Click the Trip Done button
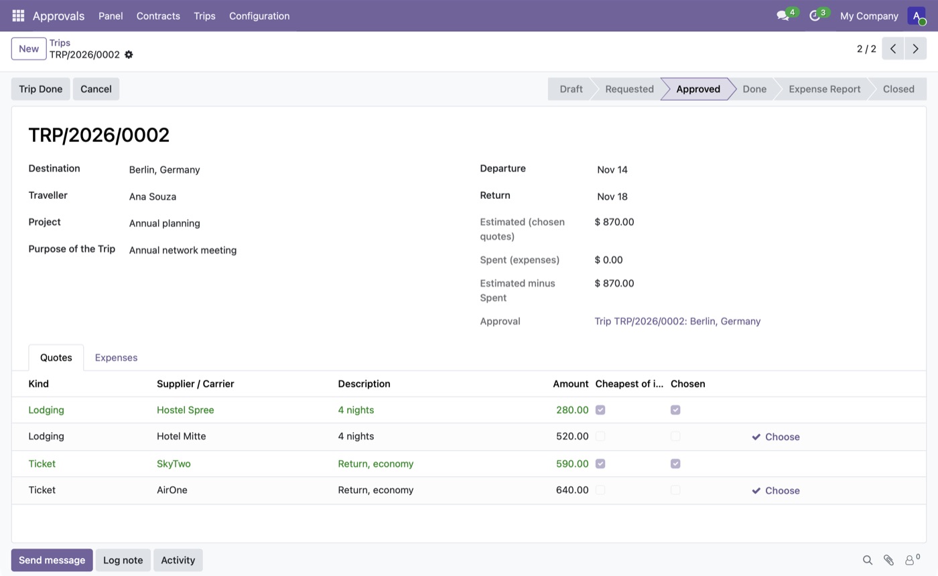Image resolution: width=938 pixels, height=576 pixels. pos(41,88)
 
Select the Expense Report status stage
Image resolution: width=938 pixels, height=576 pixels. pos(824,88)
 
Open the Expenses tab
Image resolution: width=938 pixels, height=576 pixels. pos(116,358)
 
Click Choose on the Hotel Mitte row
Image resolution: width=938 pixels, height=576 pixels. pos(776,437)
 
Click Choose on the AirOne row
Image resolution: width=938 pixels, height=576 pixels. pos(776,490)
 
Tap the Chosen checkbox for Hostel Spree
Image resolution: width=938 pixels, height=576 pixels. pos(675,410)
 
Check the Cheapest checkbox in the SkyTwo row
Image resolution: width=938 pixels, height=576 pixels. pos(600,463)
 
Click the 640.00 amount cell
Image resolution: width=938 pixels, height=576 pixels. pos(572,490)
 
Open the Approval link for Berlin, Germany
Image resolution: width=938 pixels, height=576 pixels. pos(677,321)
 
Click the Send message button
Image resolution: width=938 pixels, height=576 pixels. pos(52,560)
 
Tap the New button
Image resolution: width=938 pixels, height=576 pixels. pos(29,48)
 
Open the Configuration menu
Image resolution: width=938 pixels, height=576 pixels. pos(259,16)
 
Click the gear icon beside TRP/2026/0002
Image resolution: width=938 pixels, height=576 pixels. pos(129,55)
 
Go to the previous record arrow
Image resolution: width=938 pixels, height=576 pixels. pos(893,48)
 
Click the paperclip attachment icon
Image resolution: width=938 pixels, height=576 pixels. pos(888,560)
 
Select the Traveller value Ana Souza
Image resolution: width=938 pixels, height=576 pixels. pos(153,196)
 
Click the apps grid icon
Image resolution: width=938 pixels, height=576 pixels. pos(18,16)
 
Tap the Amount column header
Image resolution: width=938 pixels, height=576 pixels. pos(570,384)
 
